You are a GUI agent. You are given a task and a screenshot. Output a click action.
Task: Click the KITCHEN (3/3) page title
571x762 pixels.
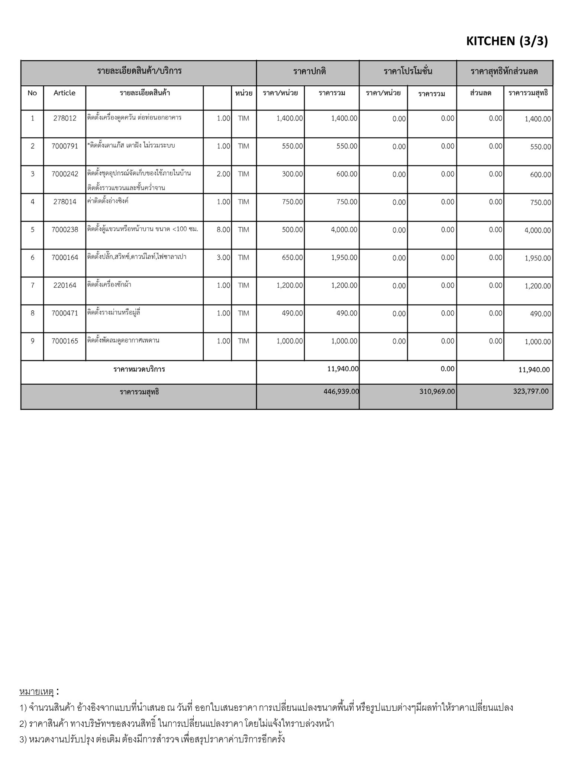click(x=507, y=41)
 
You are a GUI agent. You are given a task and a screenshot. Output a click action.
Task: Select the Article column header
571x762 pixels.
click(x=64, y=93)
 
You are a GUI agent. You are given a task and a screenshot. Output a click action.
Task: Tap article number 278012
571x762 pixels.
click(x=65, y=118)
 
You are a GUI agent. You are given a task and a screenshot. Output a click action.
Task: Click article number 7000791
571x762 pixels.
click(x=65, y=146)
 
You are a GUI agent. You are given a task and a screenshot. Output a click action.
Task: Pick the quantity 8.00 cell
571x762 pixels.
click(x=223, y=230)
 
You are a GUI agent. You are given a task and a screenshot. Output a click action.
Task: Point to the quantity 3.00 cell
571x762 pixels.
click(x=223, y=257)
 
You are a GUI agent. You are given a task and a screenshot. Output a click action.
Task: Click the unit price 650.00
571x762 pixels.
click(x=292, y=257)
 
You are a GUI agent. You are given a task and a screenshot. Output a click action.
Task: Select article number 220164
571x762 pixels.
click(x=65, y=285)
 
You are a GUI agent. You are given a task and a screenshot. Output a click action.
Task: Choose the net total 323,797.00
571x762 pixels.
click(x=530, y=391)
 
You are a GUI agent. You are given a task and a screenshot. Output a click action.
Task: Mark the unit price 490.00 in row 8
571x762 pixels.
click(x=292, y=313)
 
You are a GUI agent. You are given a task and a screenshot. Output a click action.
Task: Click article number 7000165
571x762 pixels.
click(x=65, y=341)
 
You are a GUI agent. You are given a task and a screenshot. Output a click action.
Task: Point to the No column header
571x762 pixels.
click(x=32, y=93)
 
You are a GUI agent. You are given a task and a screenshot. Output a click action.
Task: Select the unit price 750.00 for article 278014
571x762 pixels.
click(x=292, y=202)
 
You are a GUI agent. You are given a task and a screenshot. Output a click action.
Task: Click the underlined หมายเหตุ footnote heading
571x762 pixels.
click(x=36, y=692)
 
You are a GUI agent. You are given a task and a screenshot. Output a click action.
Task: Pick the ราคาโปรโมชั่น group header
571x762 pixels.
click(x=408, y=71)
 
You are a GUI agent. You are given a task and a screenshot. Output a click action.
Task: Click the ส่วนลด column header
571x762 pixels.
click(x=480, y=93)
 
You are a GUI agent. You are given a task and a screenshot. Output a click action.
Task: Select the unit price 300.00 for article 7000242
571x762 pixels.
click(x=292, y=174)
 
